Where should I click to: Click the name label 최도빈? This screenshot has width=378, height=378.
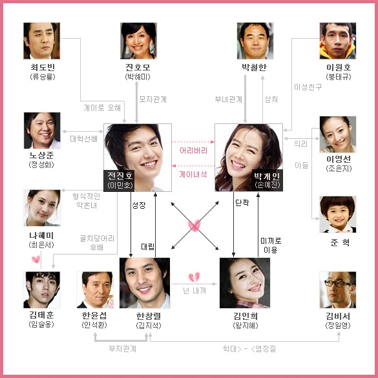(x=43, y=67)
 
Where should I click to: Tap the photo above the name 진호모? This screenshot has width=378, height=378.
(x=139, y=41)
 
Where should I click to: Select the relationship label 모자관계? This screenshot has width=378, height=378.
(x=153, y=100)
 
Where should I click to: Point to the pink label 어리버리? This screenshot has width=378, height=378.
(x=194, y=151)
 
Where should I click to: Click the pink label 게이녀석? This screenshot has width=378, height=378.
(x=193, y=174)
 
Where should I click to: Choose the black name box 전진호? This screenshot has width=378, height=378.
(x=119, y=181)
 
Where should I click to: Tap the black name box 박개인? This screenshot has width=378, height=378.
(x=268, y=181)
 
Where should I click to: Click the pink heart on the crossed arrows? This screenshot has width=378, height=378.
(x=194, y=225)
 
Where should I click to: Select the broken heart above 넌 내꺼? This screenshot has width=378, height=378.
(x=194, y=277)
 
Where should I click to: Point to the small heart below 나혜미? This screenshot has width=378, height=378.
(x=36, y=259)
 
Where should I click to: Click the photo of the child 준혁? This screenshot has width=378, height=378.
(x=338, y=215)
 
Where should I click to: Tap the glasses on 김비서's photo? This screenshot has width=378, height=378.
(x=336, y=284)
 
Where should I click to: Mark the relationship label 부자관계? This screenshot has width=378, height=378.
(x=123, y=348)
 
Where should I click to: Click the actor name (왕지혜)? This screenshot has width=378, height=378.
(x=246, y=326)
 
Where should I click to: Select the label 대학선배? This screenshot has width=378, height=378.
(x=83, y=139)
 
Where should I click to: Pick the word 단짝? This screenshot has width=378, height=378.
(x=242, y=203)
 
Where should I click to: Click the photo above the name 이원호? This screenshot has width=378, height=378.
(x=338, y=41)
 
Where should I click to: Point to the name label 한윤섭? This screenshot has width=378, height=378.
(x=94, y=315)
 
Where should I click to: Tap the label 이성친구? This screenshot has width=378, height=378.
(x=308, y=87)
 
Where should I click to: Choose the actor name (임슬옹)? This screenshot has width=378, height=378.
(x=41, y=324)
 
